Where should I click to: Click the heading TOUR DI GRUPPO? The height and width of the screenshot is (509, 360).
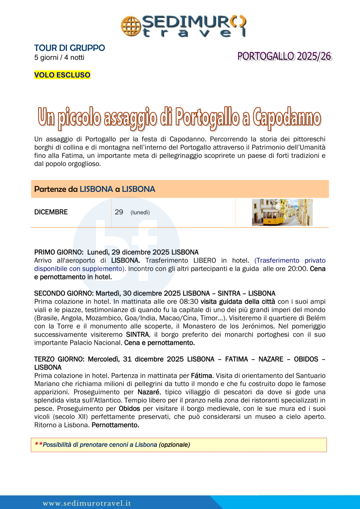pyautogui.click(x=69, y=48)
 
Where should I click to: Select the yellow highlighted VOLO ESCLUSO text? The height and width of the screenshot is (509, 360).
pyautogui.click(x=62, y=75)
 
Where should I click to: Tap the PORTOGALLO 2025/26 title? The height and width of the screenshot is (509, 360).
pyautogui.click(x=284, y=56)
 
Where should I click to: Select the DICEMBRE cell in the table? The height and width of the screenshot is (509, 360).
pyautogui.click(x=51, y=212)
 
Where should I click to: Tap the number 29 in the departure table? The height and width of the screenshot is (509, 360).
pyautogui.click(x=119, y=212)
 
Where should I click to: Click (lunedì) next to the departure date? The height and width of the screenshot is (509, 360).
pyautogui.click(x=140, y=213)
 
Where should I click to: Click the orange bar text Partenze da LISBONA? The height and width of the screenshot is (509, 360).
pyautogui.click(x=94, y=189)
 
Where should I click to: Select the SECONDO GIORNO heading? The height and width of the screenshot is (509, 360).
pyautogui.click(x=64, y=293)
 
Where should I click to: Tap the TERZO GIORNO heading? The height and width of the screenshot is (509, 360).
pyautogui.click(x=60, y=359)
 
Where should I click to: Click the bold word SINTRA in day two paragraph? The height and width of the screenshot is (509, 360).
pyautogui.click(x=138, y=334)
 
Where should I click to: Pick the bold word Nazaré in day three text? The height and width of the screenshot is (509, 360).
pyautogui.click(x=148, y=392)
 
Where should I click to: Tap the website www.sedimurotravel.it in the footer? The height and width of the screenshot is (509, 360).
pyautogui.click(x=86, y=503)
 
